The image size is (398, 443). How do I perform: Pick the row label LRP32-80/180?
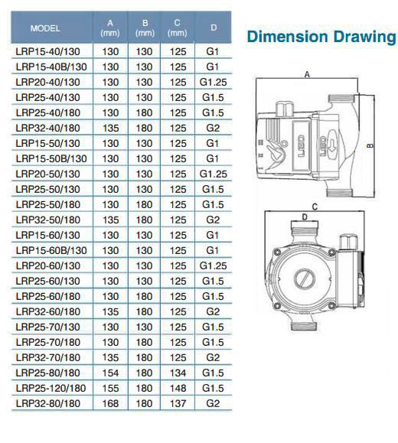tap(47, 403)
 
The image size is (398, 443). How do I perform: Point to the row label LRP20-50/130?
tap(47, 174)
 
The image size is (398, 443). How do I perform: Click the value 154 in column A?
tap(110, 373)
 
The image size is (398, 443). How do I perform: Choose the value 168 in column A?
tap(110, 403)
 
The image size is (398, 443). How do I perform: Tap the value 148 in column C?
tap(178, 388)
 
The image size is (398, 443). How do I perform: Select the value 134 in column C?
tap(178, 373)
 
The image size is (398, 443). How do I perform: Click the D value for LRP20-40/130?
tap(213, 82)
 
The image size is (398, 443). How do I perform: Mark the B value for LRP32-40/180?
tap(145, 128)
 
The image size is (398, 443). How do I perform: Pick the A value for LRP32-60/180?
tap(110, 311)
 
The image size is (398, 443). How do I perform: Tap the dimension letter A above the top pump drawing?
tap(307, 75)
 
